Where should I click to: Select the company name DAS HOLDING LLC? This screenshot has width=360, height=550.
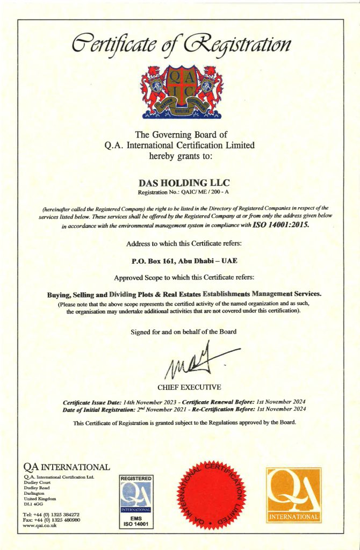(181, 183)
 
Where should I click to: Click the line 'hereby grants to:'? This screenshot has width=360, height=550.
(181, 157)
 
